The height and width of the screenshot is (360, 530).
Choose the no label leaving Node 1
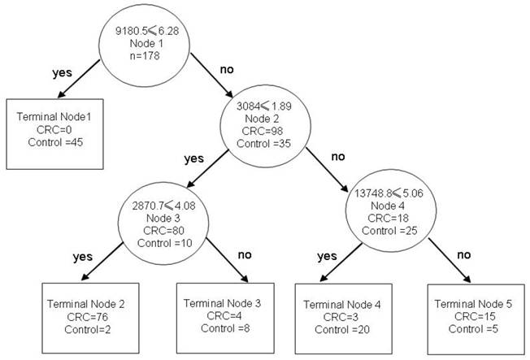(x=227, y=70)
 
